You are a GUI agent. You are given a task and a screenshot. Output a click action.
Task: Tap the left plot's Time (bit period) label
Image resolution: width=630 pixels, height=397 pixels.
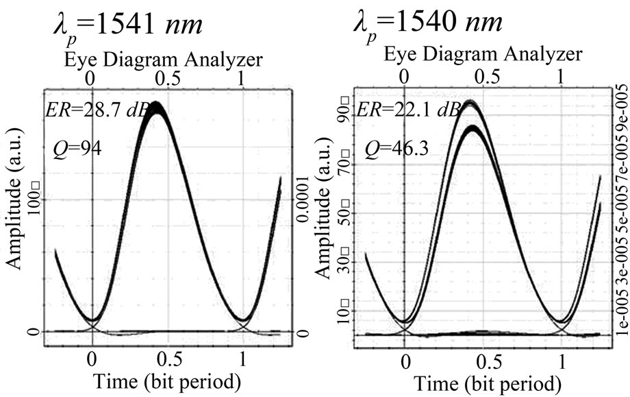tap(164, 379)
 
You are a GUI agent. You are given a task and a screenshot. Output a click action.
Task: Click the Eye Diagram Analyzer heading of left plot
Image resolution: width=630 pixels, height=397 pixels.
tap(164, 60)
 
